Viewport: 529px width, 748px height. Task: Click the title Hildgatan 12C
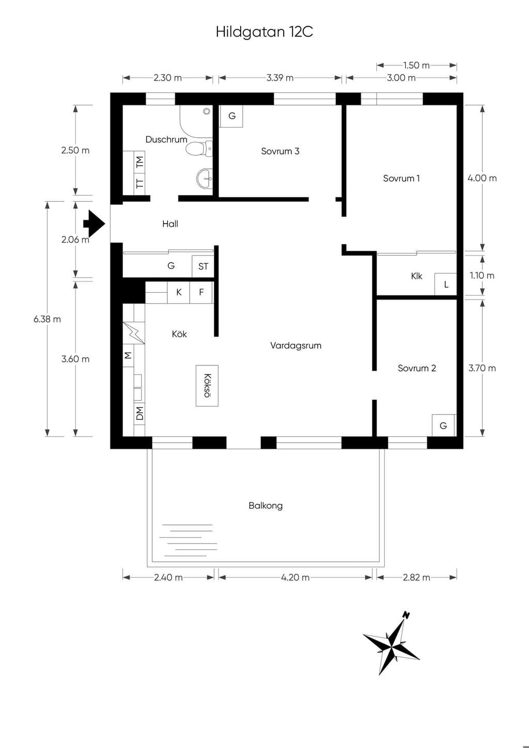[x=264, y=32]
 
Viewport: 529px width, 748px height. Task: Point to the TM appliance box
[x=139, y=162]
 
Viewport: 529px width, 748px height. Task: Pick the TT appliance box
[x=139, y=183]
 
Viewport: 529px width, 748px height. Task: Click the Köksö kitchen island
[x=207, y=385]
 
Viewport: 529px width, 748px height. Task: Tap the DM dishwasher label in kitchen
[x=139, y=413]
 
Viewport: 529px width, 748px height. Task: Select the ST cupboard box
[x=203, y=266]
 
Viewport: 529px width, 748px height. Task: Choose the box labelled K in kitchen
[x=178, y=293]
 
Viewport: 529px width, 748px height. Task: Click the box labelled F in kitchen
[x=201, y=293]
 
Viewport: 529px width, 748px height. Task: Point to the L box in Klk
[x=445, y=284]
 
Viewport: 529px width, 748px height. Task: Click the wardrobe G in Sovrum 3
[x=231, y=116]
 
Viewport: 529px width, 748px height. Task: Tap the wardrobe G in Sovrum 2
[x=443, y=425]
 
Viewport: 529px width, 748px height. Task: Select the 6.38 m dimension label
[x=47, y=319]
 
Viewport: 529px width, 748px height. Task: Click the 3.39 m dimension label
[x=279, y=78]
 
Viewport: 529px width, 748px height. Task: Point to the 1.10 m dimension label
[x=482, y=276]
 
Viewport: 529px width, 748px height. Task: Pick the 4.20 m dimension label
[x=295, y=577]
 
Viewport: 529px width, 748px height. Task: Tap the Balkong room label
[x=266, y=506]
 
